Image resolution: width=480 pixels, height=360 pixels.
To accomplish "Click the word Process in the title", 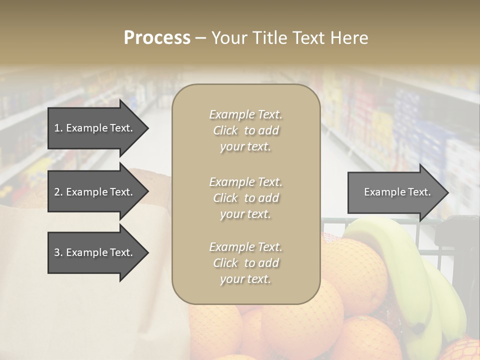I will [157, 38].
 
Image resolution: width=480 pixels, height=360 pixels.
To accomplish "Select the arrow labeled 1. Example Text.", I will [95, 128].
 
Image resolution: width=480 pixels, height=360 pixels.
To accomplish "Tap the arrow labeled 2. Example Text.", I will [95, 192].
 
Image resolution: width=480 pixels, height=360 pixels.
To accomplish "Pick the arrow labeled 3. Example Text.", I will [95, 252].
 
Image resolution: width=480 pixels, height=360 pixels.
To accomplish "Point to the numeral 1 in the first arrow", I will [56, 128].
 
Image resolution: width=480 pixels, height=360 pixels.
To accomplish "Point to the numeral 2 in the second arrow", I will [56, 192].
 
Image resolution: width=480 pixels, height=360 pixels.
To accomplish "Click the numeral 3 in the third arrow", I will [56, 252].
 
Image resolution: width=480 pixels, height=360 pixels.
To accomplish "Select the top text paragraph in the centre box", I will [245, 130].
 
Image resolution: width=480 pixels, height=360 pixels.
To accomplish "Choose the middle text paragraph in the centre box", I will [245, 197].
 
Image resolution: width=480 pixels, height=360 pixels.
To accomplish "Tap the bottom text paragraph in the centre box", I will [245, 263].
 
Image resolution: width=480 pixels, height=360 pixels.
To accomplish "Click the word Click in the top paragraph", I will [225, 130].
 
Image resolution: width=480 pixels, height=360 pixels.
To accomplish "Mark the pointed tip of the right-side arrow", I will [447, 192].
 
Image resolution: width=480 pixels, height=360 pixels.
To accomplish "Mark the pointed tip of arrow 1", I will [147, 128].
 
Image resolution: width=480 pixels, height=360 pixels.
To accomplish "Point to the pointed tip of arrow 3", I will [147, 252].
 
